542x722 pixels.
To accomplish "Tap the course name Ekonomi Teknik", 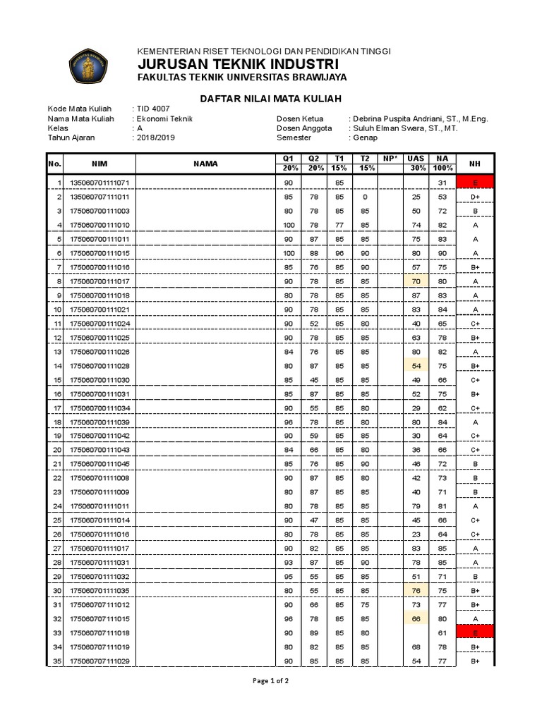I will click(x=164, y=119).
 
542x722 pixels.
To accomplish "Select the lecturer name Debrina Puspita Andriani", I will click(x=418, y=119).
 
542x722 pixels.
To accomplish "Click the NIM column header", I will click(x=100, y=164).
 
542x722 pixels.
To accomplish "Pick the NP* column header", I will click(x=390, y=159).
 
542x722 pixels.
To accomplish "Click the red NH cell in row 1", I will click(x=476, y=183).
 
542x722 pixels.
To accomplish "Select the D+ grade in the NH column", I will click(x=476, y=197).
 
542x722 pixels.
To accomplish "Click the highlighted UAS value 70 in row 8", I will click(x=416, y=281).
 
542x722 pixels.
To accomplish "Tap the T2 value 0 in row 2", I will click(x=365, y=197).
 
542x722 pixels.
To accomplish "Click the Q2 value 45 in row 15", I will click(x=313, y=380).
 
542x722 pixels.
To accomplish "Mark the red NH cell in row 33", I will click(x=476, y=632).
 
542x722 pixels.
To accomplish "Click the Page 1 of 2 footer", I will click(x=270, y=681).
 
